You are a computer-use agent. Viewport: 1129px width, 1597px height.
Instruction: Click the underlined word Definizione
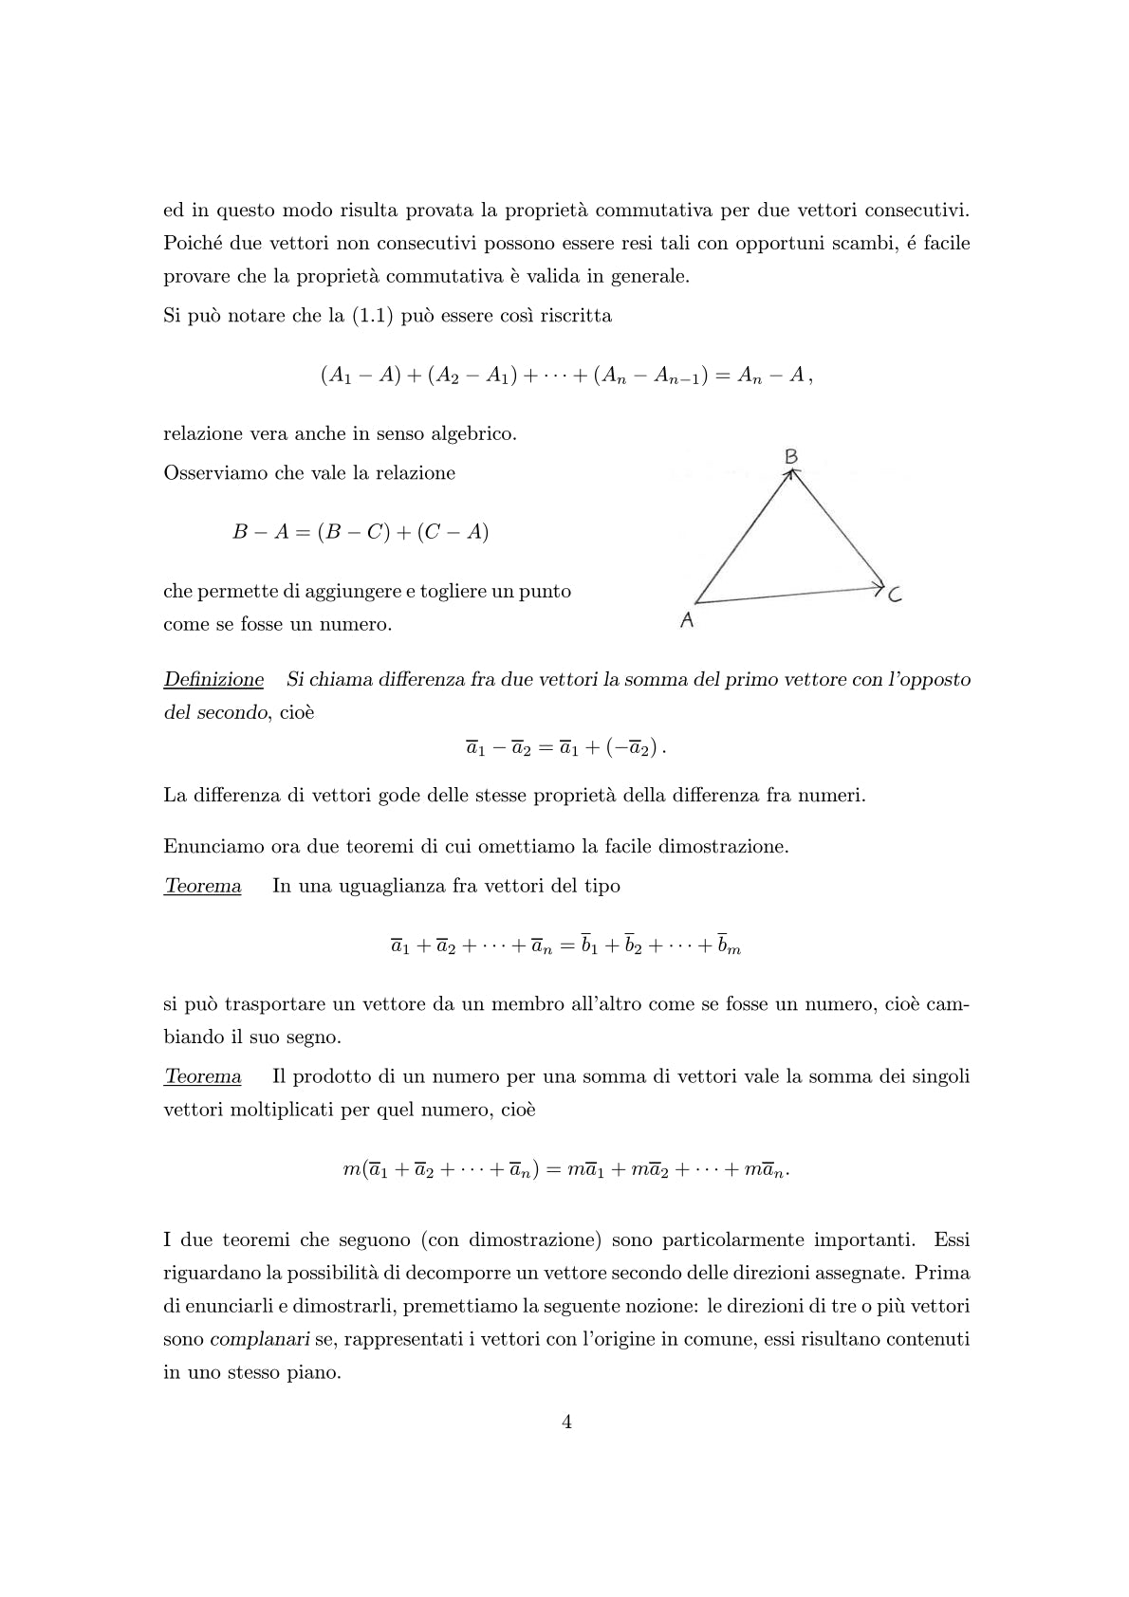[x=213, y=680]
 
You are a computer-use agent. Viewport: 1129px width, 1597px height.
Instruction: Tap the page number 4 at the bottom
[x=566, y=1422]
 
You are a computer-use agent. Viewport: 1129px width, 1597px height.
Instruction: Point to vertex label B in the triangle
[x=791, y=457]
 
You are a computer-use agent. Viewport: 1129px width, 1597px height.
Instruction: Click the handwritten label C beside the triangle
[x=895, y=597]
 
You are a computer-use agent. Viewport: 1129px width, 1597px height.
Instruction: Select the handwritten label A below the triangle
[x=687, y=621]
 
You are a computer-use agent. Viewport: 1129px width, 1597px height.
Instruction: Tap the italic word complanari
[x=249, y=1339]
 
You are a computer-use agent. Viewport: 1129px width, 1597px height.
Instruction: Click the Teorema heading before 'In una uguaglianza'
[x=203, y=887]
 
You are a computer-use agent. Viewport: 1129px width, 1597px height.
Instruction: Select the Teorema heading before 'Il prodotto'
[x=203, y=1077]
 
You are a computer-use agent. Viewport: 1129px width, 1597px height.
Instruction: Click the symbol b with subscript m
[x=728, y=945]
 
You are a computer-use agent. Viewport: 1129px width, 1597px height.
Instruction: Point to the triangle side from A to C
[x=787, y=595]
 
